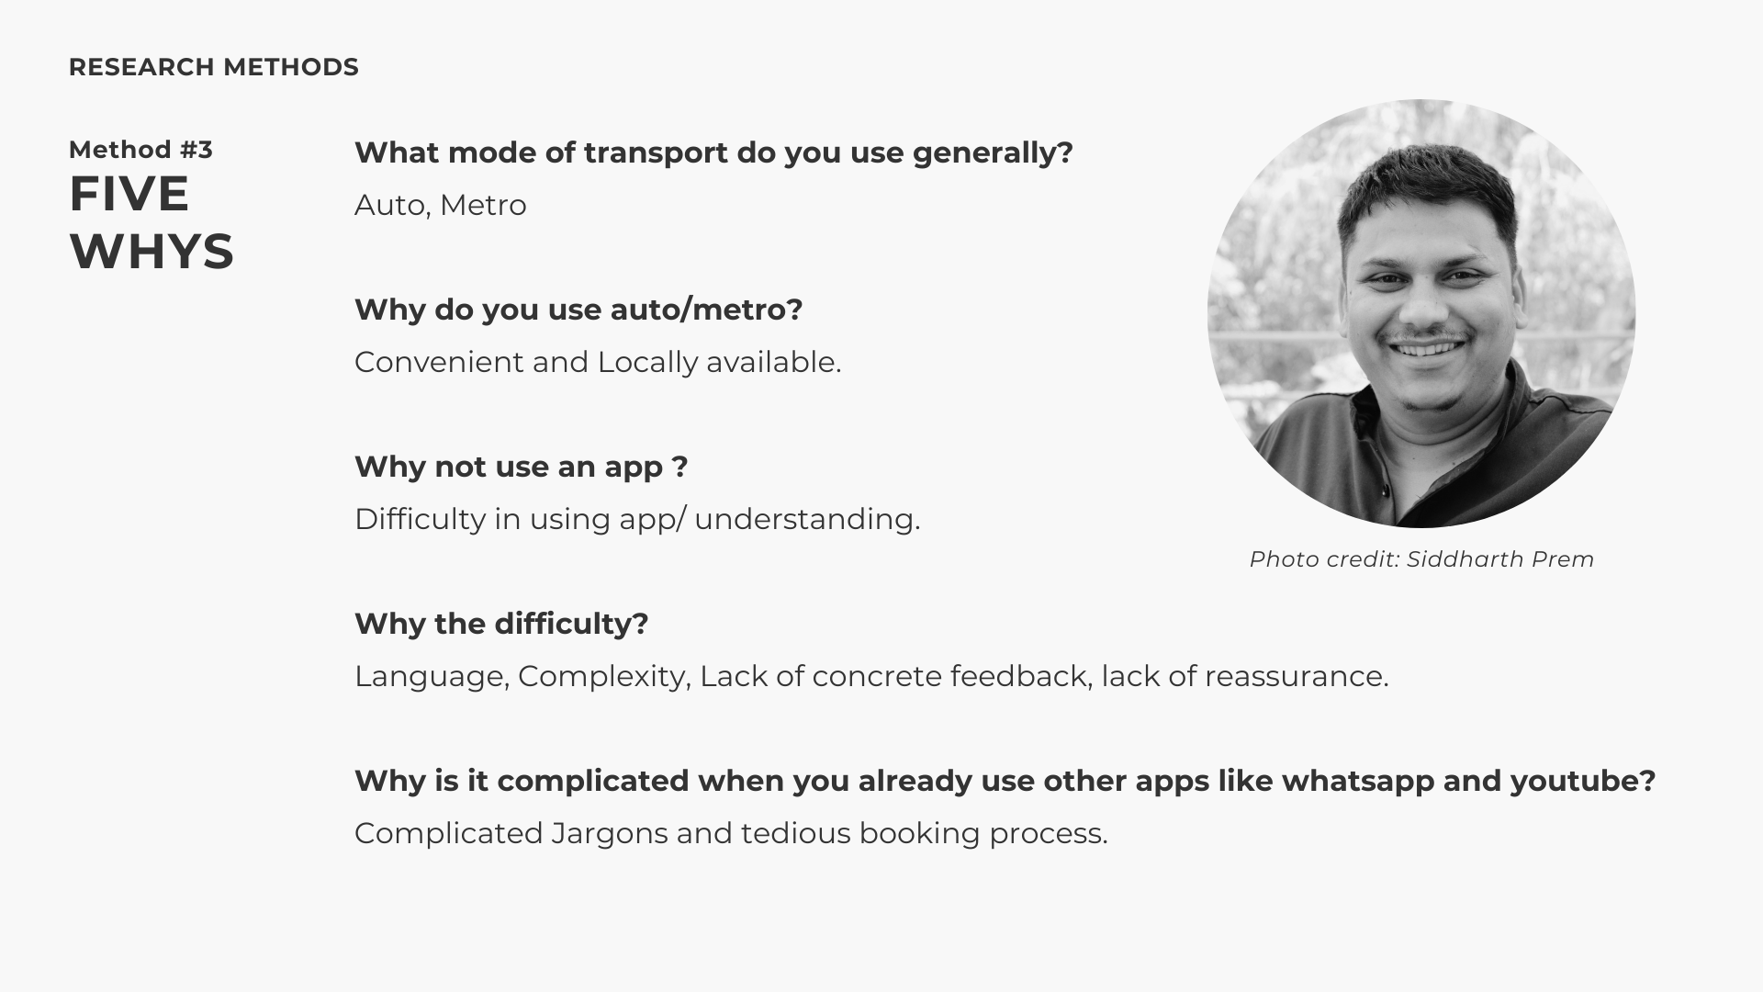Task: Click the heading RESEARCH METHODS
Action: [x=214, y=67]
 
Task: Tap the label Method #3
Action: [x=140, y=150]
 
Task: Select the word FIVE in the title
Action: [x=129, y=194]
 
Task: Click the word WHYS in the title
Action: [x=152, y=252]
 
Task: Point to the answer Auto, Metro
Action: [x=441, y=205]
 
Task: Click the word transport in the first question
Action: [x=656, y=153]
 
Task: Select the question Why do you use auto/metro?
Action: [x=578, y=310]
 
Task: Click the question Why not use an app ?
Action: [x=522, y=467]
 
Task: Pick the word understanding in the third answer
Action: [x=807, y=519]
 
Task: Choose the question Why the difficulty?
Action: [x=501, y=624]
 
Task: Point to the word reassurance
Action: [x=1297, y=677]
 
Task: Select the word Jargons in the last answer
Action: [x=610, y=834]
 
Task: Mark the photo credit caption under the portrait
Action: [x=1421, y=559]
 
